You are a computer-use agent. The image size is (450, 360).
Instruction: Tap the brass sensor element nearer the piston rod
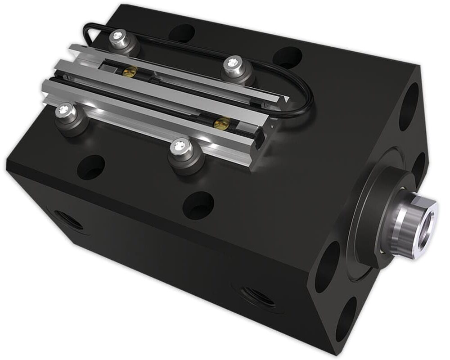click(222, 121)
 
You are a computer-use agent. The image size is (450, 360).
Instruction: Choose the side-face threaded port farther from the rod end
click(66, 219)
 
